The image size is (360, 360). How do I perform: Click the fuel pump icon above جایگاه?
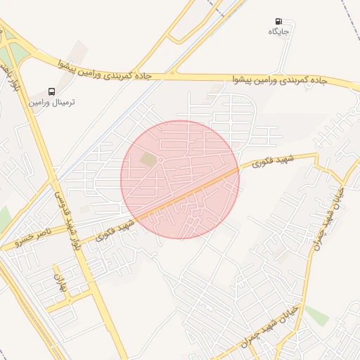coord(279,22)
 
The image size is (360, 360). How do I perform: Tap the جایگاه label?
coord(279,32)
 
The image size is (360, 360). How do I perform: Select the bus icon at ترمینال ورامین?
coord(51,91)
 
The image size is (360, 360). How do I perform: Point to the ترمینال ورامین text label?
coord(51,102)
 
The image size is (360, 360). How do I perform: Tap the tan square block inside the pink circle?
coord(148,160)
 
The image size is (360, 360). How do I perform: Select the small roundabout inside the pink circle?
coord(160,161)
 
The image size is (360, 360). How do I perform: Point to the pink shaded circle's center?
coord(180,179)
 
